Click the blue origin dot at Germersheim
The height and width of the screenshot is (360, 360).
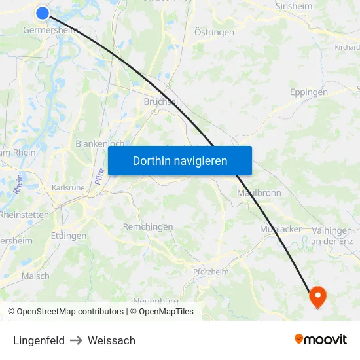pos(43,12)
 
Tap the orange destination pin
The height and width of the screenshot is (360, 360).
pos(317,296)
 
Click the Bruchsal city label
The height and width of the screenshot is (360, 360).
pos(160,102)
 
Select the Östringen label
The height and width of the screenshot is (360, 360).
pos(214,32)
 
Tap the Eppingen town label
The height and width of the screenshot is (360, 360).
pos(309,92)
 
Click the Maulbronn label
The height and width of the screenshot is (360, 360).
pos(258,193)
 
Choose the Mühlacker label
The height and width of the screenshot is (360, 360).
pos(281,229)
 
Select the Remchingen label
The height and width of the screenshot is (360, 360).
pos(148,227)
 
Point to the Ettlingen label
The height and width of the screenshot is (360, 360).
pos(69,236)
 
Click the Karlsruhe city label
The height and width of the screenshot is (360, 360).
pos(68,187)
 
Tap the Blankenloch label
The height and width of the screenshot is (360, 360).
pos(100,143)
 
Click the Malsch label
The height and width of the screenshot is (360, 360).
pos(35,276)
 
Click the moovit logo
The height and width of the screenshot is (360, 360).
pos(320,340)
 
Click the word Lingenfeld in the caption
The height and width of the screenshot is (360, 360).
pos(39,340)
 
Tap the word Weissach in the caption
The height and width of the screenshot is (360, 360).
pos(111,340)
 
